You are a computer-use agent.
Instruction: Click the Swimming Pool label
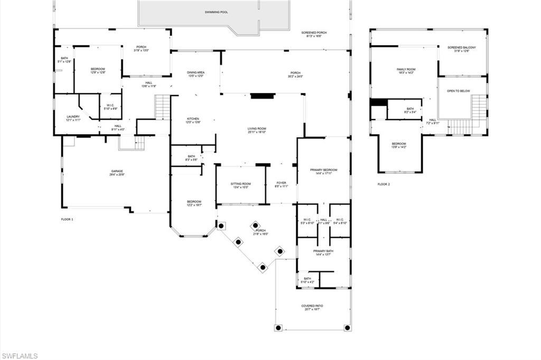point(217,12)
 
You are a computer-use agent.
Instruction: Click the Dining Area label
point(196,74)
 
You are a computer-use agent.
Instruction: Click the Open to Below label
point(458,91)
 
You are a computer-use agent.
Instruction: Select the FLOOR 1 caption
point(67,219)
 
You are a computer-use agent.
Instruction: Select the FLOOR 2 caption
point(384,184)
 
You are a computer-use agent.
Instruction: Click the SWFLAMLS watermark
point(20,356)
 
